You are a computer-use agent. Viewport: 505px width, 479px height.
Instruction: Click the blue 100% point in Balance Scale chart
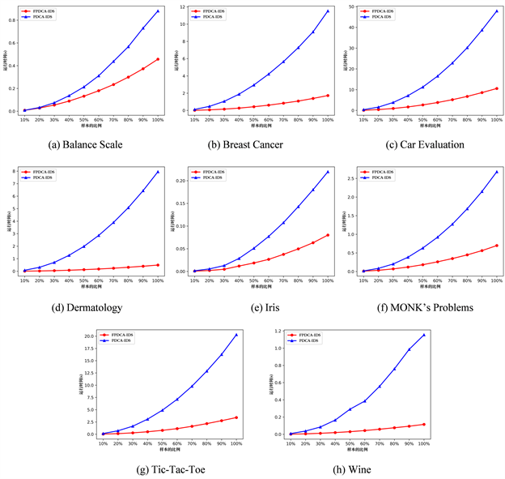(x=158, y=11)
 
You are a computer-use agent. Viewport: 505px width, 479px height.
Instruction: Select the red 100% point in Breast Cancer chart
(x=327, y=96)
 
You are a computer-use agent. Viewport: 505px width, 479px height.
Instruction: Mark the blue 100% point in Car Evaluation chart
(x=496, y=11)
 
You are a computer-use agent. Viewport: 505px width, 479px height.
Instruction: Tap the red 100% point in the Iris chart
(x=327, y=235)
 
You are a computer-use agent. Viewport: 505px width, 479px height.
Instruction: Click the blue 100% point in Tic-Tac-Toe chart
(x=236, y=335)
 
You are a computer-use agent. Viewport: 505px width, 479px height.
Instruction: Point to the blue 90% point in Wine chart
(x=409, y=349)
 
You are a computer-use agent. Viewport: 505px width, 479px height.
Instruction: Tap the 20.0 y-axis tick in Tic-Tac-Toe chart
(x=91, y=336)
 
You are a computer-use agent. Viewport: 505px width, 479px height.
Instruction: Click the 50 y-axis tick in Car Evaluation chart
(x=350, y=6)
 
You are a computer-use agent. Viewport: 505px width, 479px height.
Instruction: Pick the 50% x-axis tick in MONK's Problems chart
(x=422, y=280)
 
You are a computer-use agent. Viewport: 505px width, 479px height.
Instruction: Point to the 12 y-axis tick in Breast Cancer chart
(x=181, y=6)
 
